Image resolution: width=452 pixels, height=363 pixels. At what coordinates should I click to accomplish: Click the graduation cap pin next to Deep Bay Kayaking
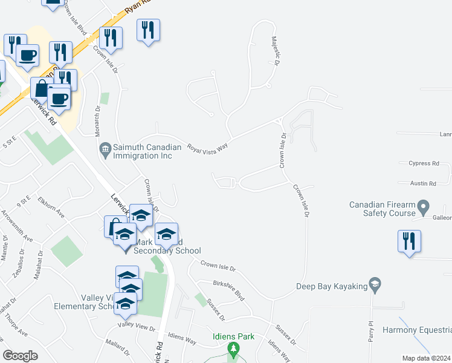click(x=375, y=284)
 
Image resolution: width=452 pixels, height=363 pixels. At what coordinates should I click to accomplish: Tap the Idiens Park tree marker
click(x=233, y=349)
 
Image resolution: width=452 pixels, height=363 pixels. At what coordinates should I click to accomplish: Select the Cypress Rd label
click(x=424, y=163)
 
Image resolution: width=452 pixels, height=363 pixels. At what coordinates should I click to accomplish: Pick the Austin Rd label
click(x=424, y=183)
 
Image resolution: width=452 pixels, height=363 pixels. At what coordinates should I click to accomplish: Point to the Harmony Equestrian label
click(x=417, y=330)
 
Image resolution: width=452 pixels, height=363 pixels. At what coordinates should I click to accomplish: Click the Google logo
click(x=20, y=355)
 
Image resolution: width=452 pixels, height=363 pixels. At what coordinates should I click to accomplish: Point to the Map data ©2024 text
click(x=425, y=358)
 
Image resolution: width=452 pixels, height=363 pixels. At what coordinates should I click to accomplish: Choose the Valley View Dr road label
click(x=137, y=326)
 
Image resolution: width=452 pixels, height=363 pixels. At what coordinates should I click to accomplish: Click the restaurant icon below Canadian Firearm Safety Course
click(x=409, y=241)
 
